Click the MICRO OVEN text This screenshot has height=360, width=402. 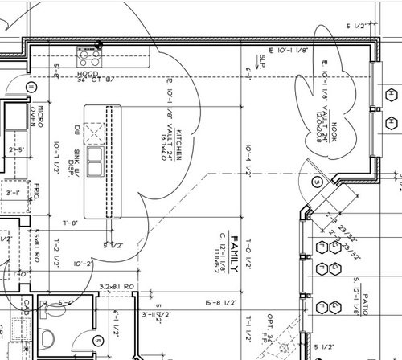(33, 117)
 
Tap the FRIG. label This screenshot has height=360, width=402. (37, 193)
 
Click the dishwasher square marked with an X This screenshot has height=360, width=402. (96, 130)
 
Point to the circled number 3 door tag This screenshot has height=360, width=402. (317, 182)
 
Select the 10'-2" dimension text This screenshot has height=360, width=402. (84, 263)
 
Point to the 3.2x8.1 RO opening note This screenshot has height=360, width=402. (115, 286)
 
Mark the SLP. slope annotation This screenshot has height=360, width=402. (262, 59)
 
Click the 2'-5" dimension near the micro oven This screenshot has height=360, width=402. (14, 149)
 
